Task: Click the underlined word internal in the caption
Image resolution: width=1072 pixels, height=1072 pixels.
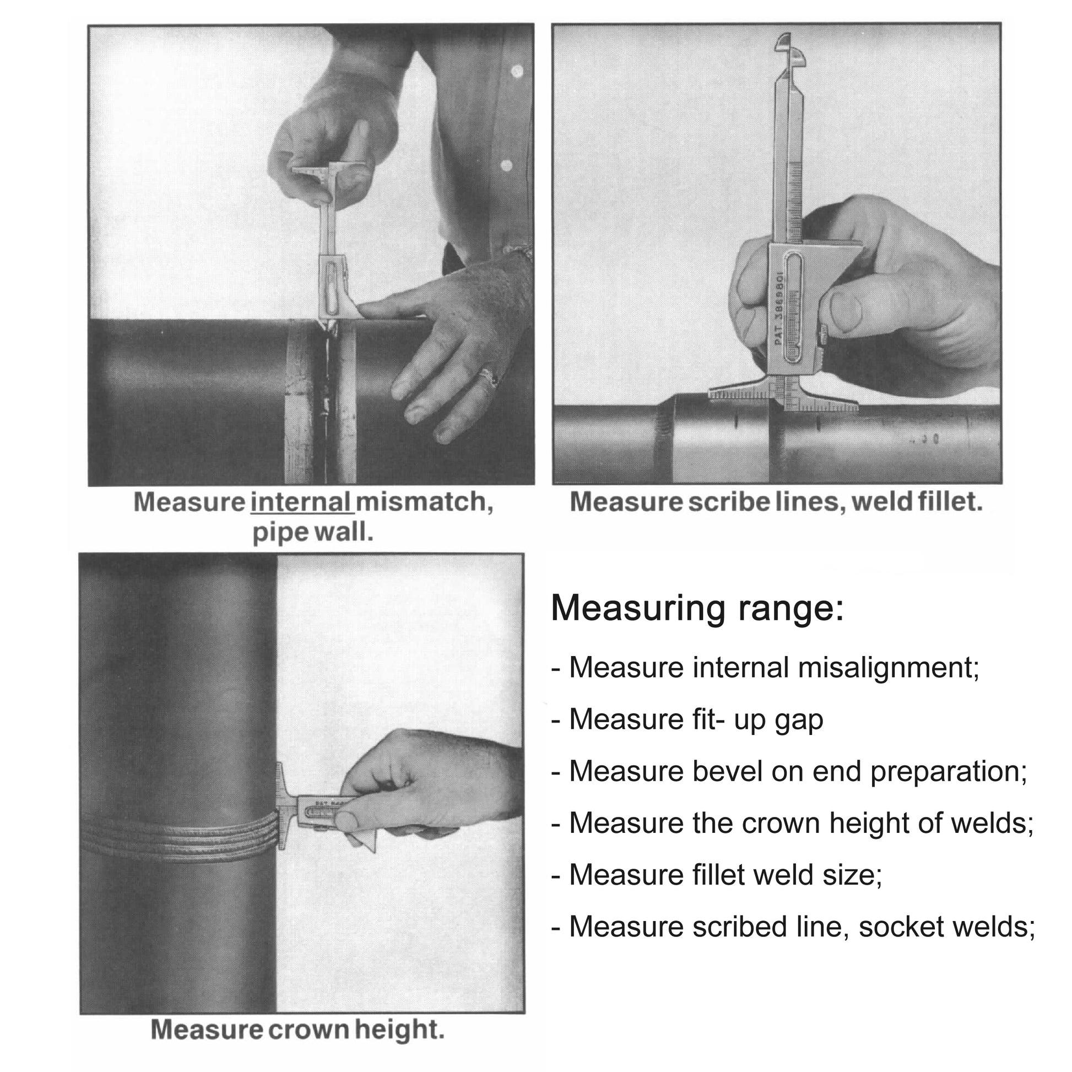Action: pyautogui.click(x=301, y=502)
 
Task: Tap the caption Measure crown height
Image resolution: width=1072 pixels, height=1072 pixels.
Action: pyautogui.click(x=297, y=1030)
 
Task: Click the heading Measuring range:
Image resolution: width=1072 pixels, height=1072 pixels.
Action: pyautogui.click(x=697, y=608)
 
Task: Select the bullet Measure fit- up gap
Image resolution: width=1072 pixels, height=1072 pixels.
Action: pyautogui.click(x=687, y=719)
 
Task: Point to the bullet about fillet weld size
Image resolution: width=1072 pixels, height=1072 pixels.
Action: pyautogui.click(x=716, y=875)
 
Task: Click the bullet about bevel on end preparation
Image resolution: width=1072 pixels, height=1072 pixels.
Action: pyautogui.click(x=789, y=771)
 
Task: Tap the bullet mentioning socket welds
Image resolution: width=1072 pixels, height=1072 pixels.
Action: pyautogui.click(x=793, y=927)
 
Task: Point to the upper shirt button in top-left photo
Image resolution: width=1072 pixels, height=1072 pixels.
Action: pyautogui.click(x=517, y=71)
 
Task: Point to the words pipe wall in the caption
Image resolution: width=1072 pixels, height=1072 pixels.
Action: pyautogui.click(x=312, y=533)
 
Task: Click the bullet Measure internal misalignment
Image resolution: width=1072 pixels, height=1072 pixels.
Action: pyautogui.click(x=766, y=668)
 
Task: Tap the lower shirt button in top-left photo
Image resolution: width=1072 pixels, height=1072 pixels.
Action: pyautogui.click(x=506, y=165)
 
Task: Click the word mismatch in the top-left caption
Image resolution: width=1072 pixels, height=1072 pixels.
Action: pyautogui.click(x=425, y=502)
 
